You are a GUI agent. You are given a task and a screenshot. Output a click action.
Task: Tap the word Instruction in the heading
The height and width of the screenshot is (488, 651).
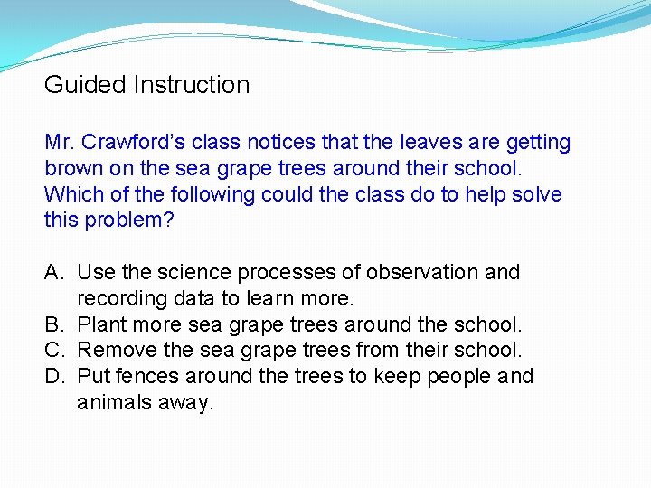(x=191, y=85)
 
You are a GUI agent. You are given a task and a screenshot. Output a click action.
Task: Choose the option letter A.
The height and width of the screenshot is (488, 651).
(x=53, y=273)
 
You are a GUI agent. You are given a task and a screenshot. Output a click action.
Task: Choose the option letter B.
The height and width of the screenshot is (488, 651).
(x=53, y=324)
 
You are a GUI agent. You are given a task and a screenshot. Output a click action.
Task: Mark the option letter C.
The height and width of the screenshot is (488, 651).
(x=53, y=351)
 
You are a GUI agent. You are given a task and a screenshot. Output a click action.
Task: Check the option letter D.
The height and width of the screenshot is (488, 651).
(x=53, y=377)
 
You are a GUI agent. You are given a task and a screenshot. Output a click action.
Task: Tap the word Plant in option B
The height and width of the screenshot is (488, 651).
(x=102, y=324)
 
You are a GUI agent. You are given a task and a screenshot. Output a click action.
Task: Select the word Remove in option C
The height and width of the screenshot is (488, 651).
(x=114, y=351)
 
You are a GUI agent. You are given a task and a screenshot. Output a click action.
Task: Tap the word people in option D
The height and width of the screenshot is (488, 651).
(x=458, y=377)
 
